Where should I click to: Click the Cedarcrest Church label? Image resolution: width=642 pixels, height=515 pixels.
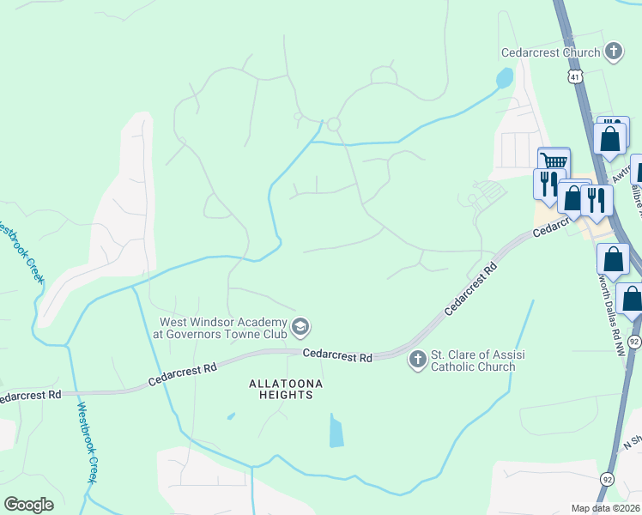551,52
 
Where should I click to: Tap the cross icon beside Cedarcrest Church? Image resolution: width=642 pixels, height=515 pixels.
613,52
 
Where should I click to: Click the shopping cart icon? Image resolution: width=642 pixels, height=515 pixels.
554,161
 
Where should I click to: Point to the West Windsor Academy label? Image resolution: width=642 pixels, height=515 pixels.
222,328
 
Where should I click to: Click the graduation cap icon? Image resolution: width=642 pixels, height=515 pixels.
300,326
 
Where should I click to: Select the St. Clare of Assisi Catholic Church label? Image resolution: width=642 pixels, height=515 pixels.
473,360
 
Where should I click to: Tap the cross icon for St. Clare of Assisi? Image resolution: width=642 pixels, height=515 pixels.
417,359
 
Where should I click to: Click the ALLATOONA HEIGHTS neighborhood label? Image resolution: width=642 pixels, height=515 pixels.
274,389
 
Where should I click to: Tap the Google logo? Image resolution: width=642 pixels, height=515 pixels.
28,505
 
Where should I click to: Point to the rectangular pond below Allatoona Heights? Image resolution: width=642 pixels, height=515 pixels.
336,430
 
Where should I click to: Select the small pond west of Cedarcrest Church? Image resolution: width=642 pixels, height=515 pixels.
503,79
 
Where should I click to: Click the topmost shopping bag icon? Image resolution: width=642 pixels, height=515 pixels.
610,137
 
